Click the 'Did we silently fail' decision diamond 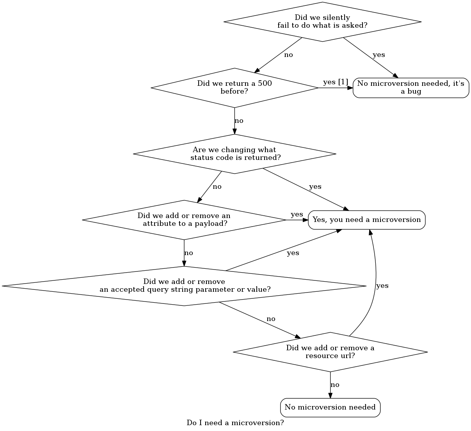[x=322, y=22]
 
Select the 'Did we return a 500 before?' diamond [x=235, y=88]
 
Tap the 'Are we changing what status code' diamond [x=235, y=154]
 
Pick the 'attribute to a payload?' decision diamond [x=184, y=220]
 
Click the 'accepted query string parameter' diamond [x=184, y=286]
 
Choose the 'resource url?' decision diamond [x=330, y=352]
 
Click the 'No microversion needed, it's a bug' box [x=411, y=88]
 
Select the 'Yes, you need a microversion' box [x=367, y=220]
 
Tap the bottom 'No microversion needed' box [x=330, y=408]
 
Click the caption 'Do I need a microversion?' [x=235, y=423]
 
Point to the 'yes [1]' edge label [x=336, y=82]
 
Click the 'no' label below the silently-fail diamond [x=288, y=55]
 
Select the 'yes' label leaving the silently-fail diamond [x=379, y=55]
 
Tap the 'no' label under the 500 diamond [x=239, y=121]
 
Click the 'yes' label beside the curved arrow [x=382, y=286]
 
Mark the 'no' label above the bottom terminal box [x=335, y=385]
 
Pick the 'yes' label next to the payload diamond [x=297, y=215]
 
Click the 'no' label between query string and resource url [x=271, y=319]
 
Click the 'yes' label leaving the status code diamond [x=315, y=187]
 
